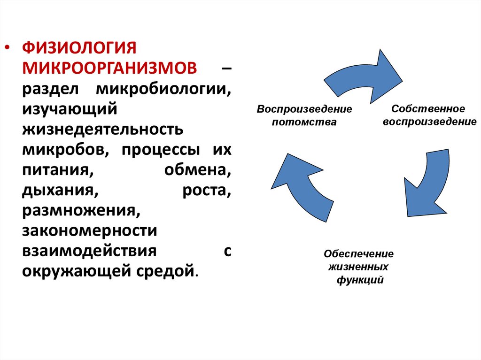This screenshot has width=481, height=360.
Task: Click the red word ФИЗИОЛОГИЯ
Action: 79,47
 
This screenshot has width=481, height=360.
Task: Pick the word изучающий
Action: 69,109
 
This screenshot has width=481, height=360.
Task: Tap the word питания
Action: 56,169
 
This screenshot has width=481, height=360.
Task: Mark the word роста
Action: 206,190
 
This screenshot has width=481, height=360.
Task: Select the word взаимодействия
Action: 89,251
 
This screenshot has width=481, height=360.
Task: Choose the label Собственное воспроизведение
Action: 428,115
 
